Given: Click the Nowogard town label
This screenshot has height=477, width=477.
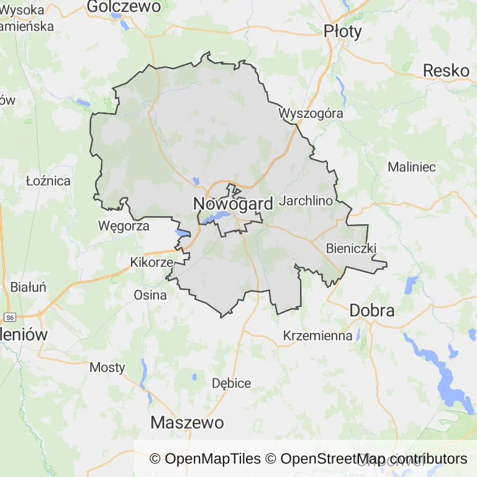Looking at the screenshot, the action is click(x=233, y=204).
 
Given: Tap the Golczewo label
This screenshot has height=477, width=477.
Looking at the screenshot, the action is click(x=124, y=7).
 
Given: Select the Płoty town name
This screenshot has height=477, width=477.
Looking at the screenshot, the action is click(x=343, y=31).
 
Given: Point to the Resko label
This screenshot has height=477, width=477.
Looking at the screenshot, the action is click(x=446, y=71).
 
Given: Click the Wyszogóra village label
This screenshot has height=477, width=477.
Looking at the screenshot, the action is click(x=311, y=114).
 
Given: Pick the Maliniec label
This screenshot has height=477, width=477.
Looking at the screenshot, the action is click(x=412, y=167).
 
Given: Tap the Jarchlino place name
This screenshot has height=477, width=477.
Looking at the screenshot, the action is click(x=306, y=201).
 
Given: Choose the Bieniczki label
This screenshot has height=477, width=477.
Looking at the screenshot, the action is click(x=352, y=248).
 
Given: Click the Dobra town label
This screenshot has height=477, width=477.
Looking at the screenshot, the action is click(x=372, y=310).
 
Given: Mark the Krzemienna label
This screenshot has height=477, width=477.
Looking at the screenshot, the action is click(x=317, y=335).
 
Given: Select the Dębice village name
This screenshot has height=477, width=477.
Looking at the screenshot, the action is click(x=232, y=383).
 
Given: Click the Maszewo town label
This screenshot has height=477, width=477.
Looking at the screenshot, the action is click(x=187, y=423).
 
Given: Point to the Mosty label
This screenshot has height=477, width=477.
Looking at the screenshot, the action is click(x=107, y=367).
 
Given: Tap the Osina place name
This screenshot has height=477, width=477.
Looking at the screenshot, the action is click(x=150, y=295).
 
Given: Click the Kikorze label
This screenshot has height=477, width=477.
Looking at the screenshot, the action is click(x=152, y=263).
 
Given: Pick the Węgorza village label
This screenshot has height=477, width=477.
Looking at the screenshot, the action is click(x=124, y=226).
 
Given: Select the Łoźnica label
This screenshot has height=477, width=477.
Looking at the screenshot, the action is click(x=48, y=181).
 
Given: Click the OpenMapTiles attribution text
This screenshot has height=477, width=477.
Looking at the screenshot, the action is click(x=206, y=459).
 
